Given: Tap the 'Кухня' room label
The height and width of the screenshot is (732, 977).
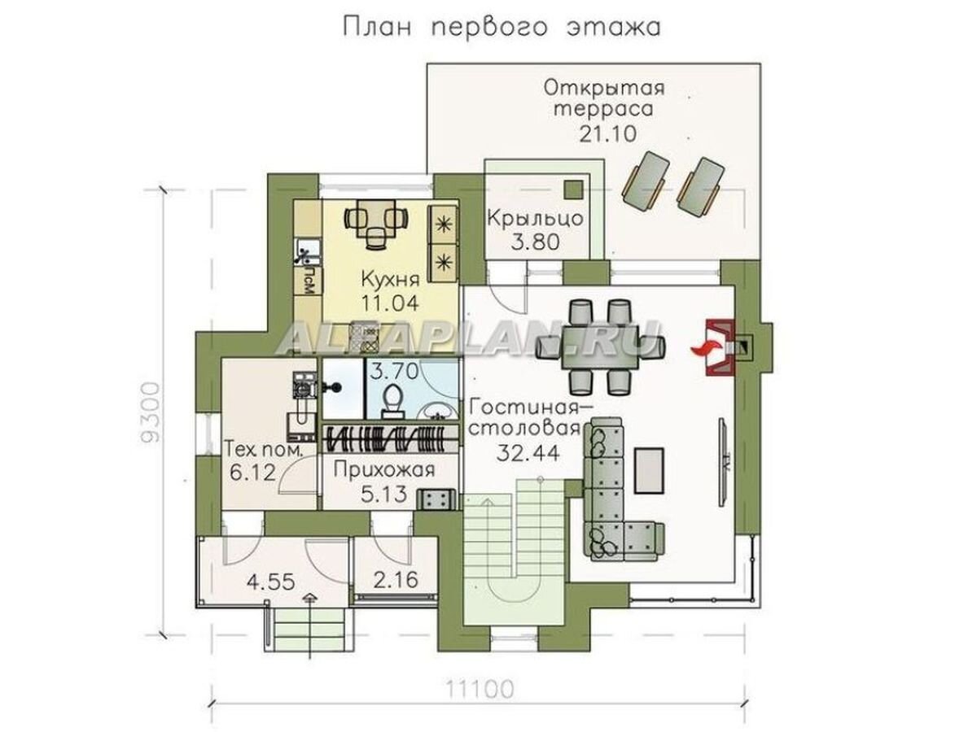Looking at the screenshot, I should click(391, 281).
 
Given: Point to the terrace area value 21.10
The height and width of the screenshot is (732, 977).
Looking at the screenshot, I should click(604, 133).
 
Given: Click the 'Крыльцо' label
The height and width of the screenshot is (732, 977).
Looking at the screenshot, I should click(535, 218).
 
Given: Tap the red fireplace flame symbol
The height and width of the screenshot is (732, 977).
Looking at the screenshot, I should click(701, 349).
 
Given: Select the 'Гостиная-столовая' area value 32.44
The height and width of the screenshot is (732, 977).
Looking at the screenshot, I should click(528, 452).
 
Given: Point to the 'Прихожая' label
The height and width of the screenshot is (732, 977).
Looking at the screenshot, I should click(383, 469).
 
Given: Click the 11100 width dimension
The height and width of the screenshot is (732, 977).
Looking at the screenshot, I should click(480, 691).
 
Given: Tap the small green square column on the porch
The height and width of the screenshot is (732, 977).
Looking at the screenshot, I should click(574, 188).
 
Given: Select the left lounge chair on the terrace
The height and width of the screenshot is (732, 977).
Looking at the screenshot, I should click(646, 177).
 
